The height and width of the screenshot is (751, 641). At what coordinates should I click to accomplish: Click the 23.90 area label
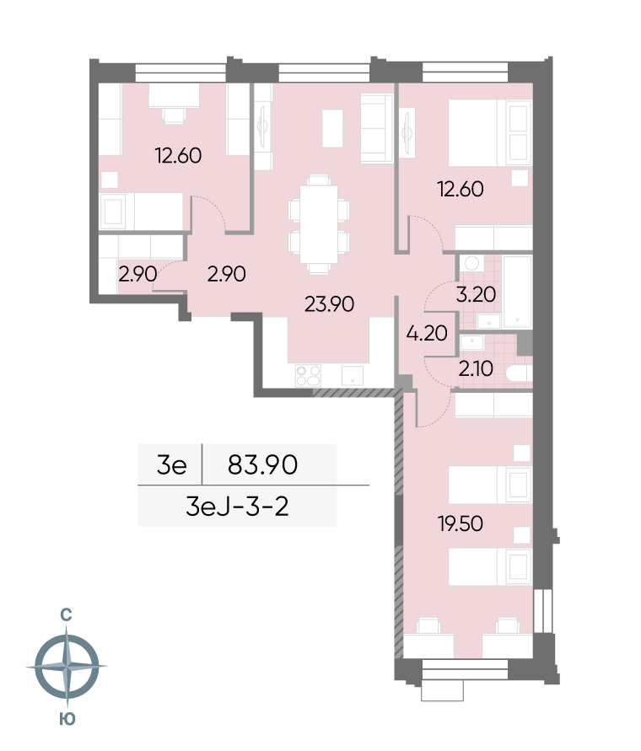pyautogui.click(x=330, y=304)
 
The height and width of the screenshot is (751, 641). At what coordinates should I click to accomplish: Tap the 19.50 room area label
pyautogui.click(x=461, y=523)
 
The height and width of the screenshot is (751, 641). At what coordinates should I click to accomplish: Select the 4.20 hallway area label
pyautogui.click(x=427, y=333)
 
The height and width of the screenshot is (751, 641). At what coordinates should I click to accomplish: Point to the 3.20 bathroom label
pyautogui.click(x=476, y=294)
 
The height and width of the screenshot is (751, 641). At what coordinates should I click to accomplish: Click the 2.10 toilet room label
pyautogui.click(x=476, y=369)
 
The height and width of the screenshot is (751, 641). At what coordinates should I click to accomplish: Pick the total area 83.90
pyautogui.click(x=263, y=464)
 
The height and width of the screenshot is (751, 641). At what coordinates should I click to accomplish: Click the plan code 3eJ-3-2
pyautogui.click(x=237, y=507)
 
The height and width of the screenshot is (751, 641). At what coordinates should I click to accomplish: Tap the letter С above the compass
pyautogui.click(x=66, y=614)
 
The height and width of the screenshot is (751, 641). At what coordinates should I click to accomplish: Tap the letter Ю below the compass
pyautogui.click(x=67, y=719)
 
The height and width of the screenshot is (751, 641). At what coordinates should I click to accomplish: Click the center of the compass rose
pyautogui.click(x=67, y=666)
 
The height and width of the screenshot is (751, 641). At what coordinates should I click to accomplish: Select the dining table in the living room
pyautogui.click(x=318, y=224)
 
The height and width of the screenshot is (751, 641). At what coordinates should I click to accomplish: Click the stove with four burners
pyautogui.click(x=309, y=376)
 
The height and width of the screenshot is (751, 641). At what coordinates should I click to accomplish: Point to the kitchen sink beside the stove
pyautogui.click(x=353, y=376)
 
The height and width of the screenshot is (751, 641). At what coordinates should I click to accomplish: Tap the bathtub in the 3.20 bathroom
pyautogui.click(x=517, y=292)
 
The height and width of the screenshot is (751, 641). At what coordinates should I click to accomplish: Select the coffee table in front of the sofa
pyautogui.click(x=332, y=128)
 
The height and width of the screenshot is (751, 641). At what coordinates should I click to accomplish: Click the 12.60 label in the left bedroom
pyautogui.click(x=178, y=156)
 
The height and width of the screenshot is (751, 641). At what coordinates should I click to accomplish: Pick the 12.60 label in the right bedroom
pyautogui.click(x=461, y=189)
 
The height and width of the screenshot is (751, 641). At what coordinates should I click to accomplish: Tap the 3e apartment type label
pyautogui.click(x=172, y=464)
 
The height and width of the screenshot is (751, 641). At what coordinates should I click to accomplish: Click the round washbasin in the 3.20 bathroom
pyautogui.click(x=471, y=263)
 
